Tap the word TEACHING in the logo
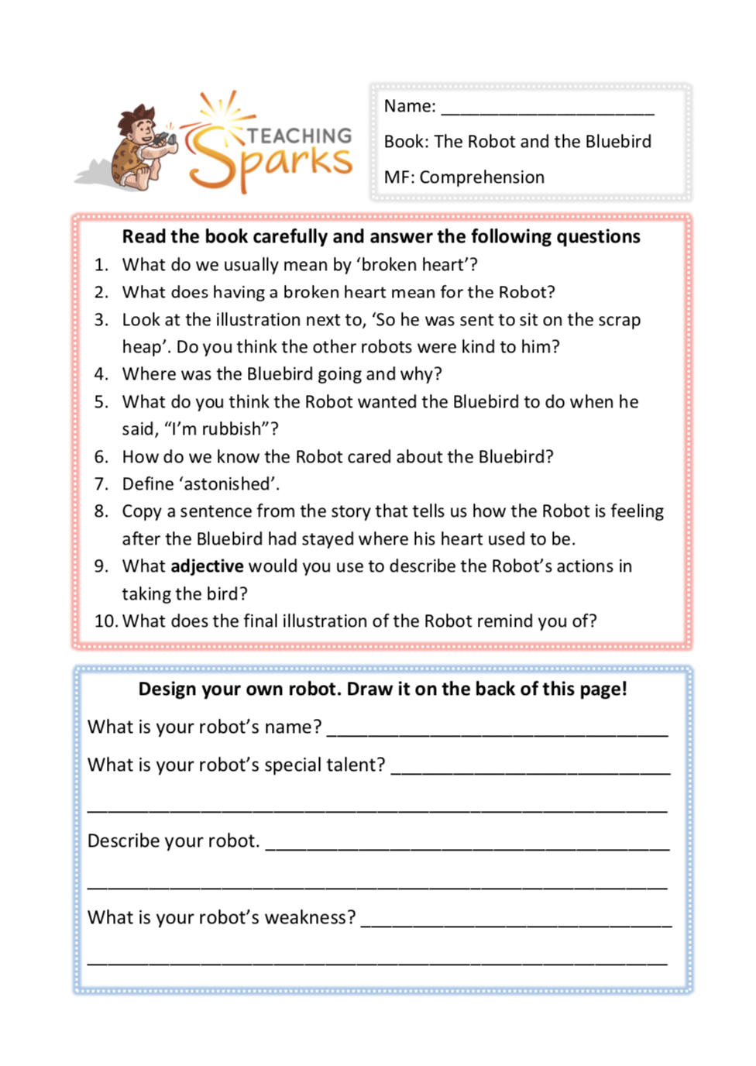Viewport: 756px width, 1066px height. [299, 136]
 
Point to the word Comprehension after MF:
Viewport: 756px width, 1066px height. [482, 177]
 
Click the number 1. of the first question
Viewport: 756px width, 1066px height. [101, 265]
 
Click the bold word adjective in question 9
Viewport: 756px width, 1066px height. [207, 566]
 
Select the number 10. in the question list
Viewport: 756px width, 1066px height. [105, 621]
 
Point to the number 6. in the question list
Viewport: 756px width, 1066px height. [101, 457]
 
